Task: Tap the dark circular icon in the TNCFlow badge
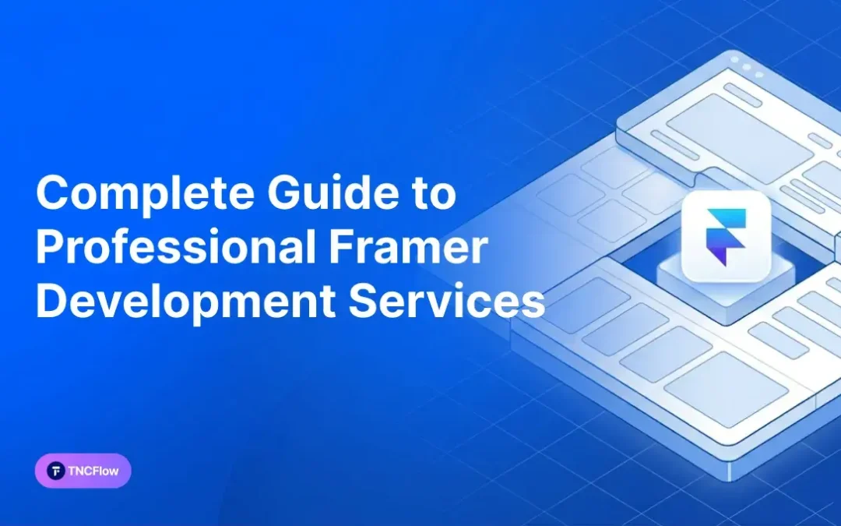pos(56,471)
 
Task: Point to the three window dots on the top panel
pos(746,68)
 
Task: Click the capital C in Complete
pos(51,193)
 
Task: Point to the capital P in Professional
pos(48,248)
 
